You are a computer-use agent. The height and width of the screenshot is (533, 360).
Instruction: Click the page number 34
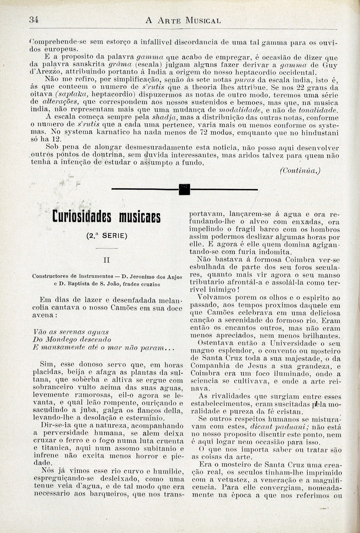(x=34, y=20)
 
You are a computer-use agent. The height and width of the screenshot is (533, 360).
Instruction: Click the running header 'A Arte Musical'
(x=183, y=20)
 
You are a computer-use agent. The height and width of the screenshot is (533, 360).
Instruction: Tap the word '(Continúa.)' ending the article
(x=299, y=170)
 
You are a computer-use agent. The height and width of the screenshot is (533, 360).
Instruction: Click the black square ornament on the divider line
(x=185, y=189)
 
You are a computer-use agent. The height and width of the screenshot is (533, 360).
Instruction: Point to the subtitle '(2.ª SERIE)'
(x=107, y=236)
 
